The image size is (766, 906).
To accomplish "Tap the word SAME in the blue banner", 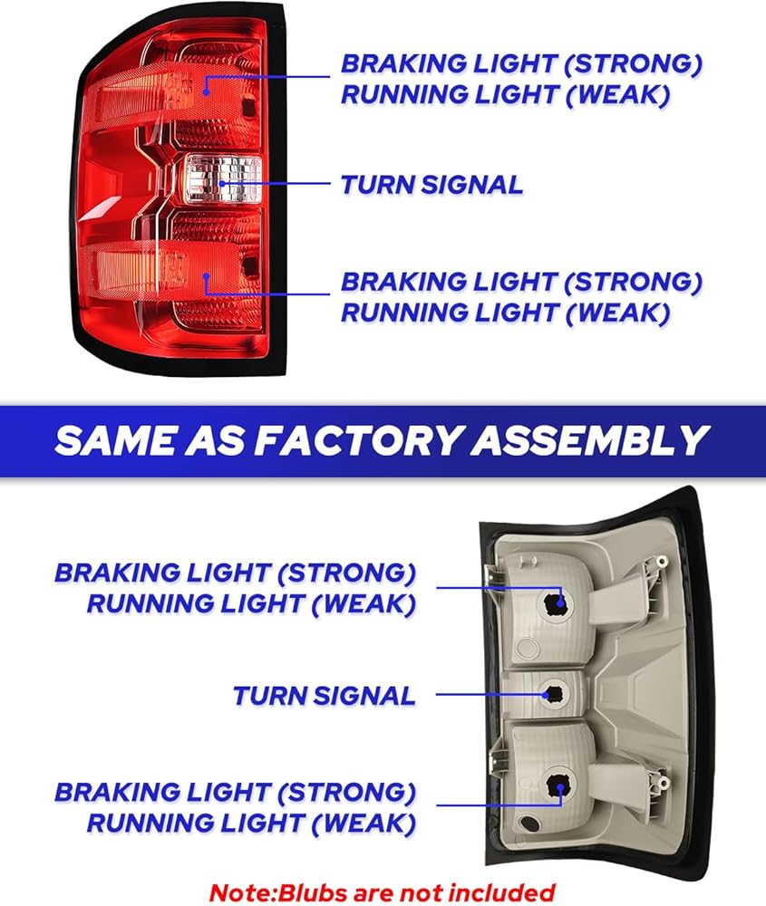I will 115,440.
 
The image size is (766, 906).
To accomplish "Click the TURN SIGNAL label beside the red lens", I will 431,185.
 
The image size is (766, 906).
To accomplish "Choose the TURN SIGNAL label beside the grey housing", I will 324,696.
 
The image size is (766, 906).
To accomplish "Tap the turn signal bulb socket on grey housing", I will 552,694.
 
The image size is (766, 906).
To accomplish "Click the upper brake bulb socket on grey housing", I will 556,602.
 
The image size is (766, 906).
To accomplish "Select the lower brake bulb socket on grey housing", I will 555,790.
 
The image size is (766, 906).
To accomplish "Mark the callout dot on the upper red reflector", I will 207,90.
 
